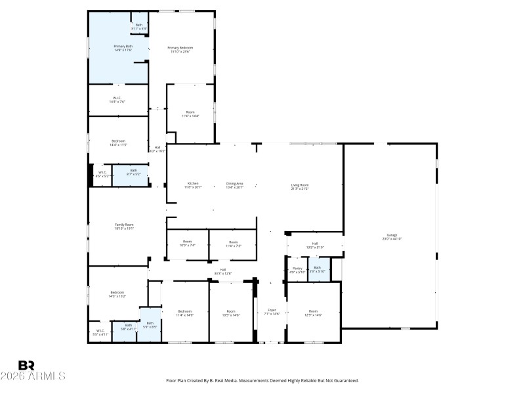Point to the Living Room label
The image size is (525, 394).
point(300,185)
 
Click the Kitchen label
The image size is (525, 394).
point(193,184)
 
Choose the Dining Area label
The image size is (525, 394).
point(235,184)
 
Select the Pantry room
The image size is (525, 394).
point(297,269)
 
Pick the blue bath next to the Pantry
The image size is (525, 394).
point(318,269)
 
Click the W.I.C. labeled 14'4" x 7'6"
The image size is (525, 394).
point(118,100)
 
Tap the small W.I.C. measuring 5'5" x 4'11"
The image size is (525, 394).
point(100,332)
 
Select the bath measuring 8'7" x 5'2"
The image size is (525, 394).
point(133,172)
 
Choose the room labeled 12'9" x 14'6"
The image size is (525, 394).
point(314,312)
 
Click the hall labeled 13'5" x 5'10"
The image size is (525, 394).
point(315,245)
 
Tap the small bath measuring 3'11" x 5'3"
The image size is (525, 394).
point(139,26)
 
